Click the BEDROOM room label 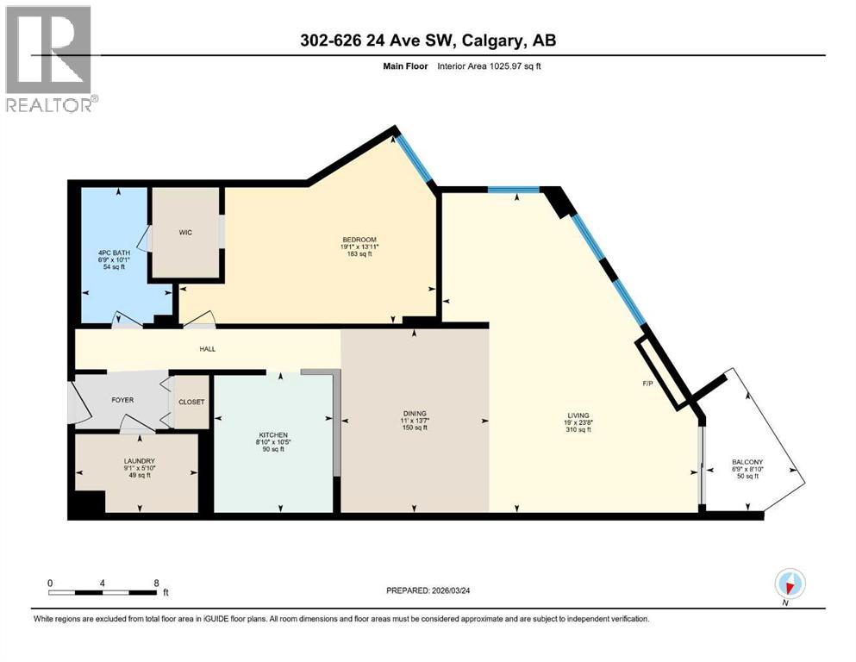(359, 240)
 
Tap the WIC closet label (184, 233)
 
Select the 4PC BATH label (114, 252)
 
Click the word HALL (207, 349)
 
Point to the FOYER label (123, 400)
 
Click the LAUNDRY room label (138, 461)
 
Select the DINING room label (415, 414)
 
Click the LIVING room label (578, 414)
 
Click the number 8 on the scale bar (156, 583)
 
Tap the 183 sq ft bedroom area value (359, 255)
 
